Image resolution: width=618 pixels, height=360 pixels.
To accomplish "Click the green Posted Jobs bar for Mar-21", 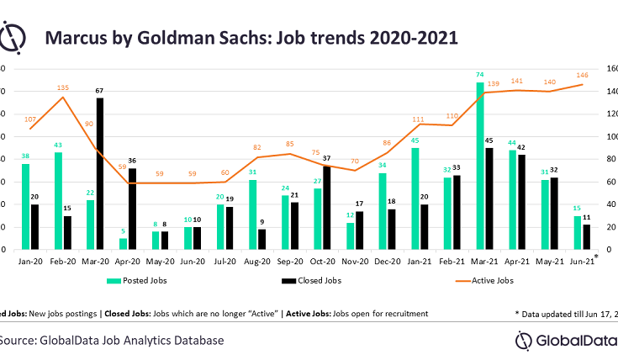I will point(480,166).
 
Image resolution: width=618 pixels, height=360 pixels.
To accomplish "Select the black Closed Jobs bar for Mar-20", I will point(100,173).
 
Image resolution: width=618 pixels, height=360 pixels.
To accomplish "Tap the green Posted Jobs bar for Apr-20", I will point(124,244).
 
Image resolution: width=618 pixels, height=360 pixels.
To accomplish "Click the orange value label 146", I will point(580,75).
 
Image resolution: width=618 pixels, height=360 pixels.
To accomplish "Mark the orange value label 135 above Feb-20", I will point(62,87).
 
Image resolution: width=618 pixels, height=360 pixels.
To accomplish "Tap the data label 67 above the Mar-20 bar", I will point(100,91).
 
